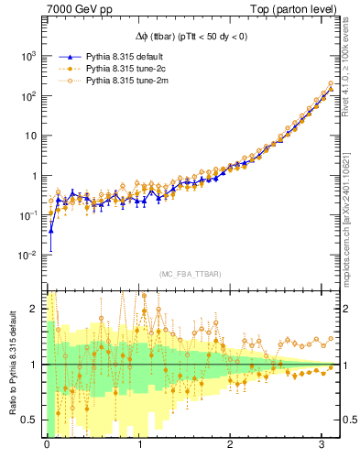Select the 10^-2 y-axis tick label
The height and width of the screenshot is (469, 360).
25,255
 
